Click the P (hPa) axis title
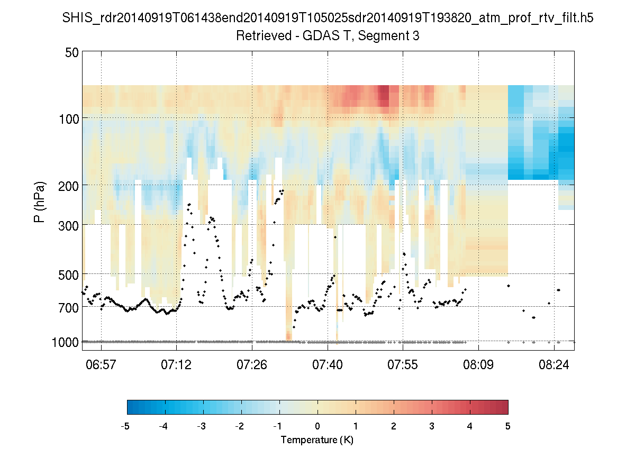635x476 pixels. coord(40,202)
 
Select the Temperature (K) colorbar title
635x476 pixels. coord(317,440)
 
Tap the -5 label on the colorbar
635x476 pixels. coord(125,426)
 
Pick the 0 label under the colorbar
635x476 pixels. coord(317,426)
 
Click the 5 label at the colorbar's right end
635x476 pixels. coord(508,426)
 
